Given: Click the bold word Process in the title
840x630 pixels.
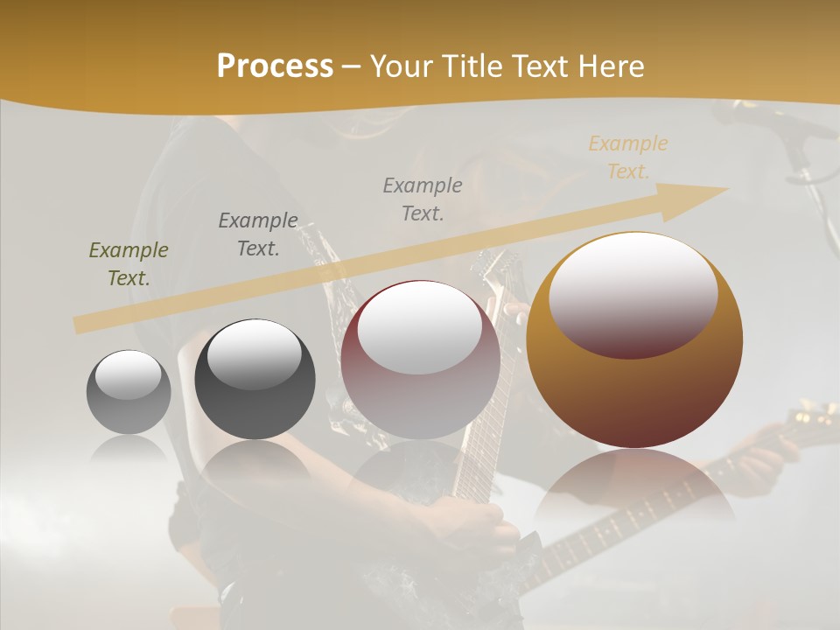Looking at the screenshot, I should click(275, 66).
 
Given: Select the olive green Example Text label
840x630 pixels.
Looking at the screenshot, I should click(129, 264).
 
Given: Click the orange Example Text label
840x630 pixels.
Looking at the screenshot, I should click(628, 157).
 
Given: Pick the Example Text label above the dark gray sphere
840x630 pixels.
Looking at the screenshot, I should click(258, 234).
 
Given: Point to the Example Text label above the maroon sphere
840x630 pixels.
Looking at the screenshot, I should click(423, 199).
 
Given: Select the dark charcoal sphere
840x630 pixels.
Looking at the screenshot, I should click(255, 380).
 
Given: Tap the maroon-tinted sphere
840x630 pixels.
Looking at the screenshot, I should click(420, 360).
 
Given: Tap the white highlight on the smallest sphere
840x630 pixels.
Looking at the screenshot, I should click(129, 374).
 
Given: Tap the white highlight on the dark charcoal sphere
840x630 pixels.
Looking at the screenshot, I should click(254, 354).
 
